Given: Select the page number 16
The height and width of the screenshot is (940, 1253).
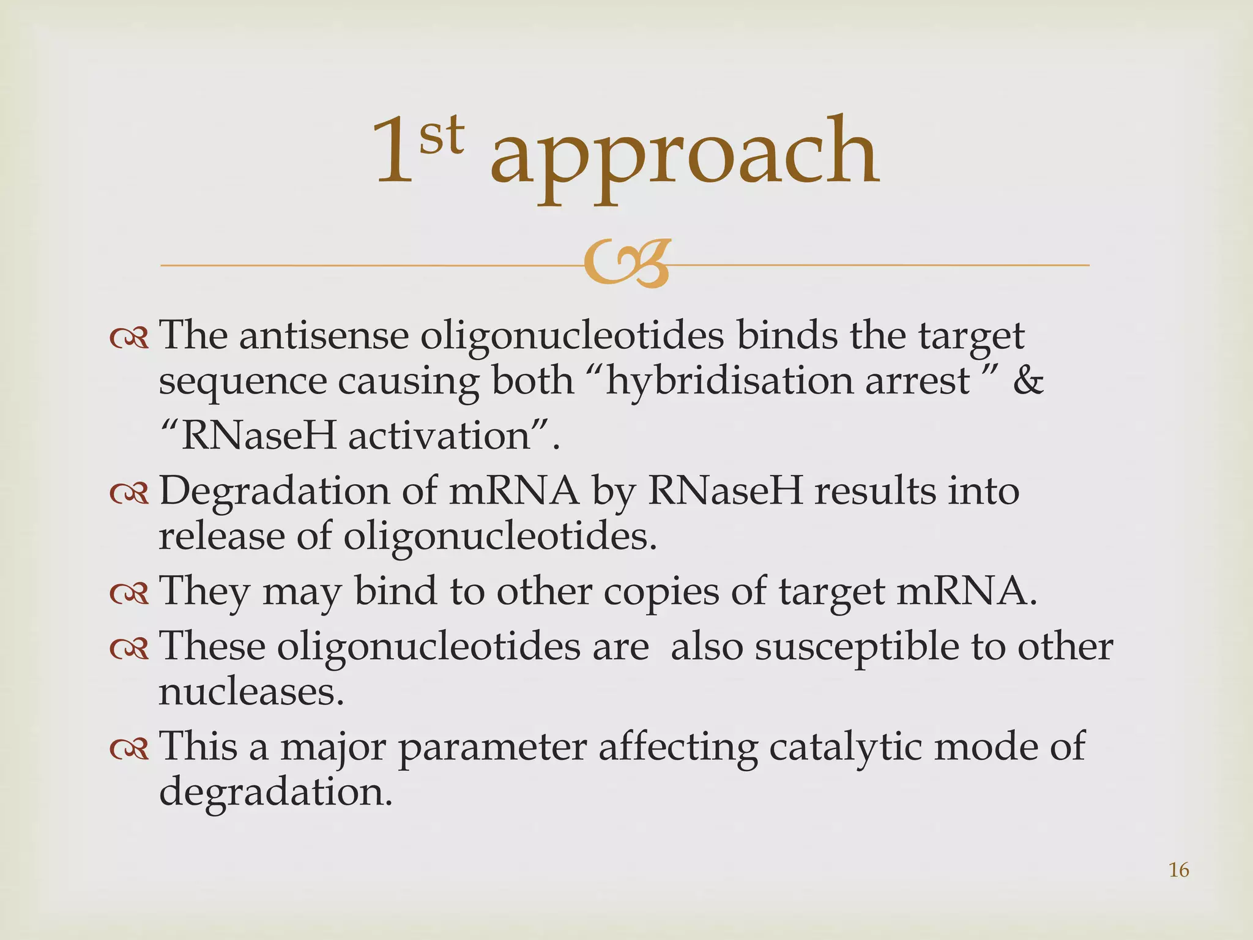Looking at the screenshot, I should [x=1178, y=870].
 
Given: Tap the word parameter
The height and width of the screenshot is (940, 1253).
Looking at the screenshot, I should [x=493, y=747].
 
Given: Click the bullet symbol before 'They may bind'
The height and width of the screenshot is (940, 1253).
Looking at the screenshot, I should [x=129, y=593].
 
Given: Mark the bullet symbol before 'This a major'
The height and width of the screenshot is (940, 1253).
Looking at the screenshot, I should [x=129, y=748].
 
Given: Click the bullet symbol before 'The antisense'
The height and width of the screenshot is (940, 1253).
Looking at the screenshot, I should [x=129, y=337].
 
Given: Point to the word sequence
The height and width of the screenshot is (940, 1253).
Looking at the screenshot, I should [x=242, y=382].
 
